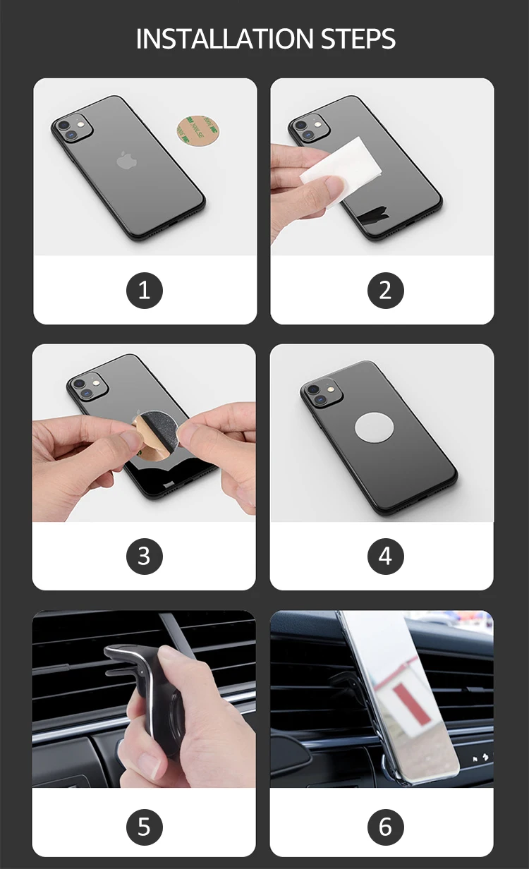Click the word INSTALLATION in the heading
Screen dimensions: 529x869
point(224,38)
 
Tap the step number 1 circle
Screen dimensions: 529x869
point(145,291)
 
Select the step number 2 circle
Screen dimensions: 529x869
point(386,291)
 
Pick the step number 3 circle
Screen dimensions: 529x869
point(145,557)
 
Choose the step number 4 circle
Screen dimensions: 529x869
point(386,557)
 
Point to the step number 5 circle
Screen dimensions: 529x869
point(145,827)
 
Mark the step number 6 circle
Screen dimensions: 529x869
point(386,827)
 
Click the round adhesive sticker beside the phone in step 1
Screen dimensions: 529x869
point(197,128)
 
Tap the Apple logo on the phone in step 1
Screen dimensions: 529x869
point(127,160)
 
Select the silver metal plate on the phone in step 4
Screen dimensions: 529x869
point(375,427)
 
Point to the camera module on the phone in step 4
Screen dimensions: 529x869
point(322,394)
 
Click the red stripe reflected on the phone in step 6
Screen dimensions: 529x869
point(412,704)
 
